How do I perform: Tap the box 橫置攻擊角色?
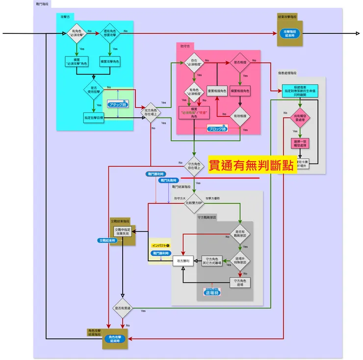point(110,61)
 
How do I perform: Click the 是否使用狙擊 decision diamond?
point(94,90)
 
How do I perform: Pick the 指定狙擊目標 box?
point(94,118)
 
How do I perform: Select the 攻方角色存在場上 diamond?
point(151,113)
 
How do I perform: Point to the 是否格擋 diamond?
point(240,63)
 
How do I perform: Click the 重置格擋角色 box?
point(216,91)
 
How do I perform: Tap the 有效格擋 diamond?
point(240,116)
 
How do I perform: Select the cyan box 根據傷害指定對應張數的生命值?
point(299,91)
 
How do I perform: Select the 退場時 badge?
point(212,292)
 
